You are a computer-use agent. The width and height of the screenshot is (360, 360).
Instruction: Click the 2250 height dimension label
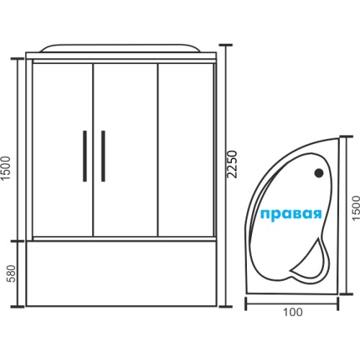[x=233, y=164]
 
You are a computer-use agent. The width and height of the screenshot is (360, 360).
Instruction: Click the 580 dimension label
[x=11, y=274]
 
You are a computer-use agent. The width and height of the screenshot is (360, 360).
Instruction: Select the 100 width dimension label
[x=293, y=312]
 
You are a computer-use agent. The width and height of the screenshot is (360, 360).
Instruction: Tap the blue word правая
[x=291, y=214]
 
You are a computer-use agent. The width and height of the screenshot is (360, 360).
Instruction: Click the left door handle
[x=85, y=156]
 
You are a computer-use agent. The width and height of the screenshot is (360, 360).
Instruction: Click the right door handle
[x=103, y=156]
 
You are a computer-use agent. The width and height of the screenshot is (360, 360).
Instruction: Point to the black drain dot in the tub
[x=319, y=173]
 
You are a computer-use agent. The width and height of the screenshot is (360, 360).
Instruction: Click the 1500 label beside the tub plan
[x=356, y=208]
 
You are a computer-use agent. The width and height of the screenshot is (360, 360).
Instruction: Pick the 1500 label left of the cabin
[x=6, y=168]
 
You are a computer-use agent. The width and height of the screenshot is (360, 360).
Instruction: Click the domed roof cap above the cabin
[x=120, y=48]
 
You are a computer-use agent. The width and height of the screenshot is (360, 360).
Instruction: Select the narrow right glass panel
[x=186, y=150]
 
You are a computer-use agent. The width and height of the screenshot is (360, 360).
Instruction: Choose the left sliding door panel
[x=63, y=150]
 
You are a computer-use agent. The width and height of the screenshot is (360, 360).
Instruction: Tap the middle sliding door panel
[x=125, y=150]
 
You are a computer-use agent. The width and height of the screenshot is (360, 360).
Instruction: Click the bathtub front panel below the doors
[x=121, y=274]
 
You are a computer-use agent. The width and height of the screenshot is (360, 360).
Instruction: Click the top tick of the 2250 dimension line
[x=225, y=45]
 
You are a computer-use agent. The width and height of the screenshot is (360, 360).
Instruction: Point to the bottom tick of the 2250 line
[x=225, y=306]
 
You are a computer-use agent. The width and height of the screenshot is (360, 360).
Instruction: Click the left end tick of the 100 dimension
[x=246, y=304]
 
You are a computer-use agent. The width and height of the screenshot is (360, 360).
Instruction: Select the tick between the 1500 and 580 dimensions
[x=17, y=240]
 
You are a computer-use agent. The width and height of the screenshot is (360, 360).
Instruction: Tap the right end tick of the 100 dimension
[x=338, y=304]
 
